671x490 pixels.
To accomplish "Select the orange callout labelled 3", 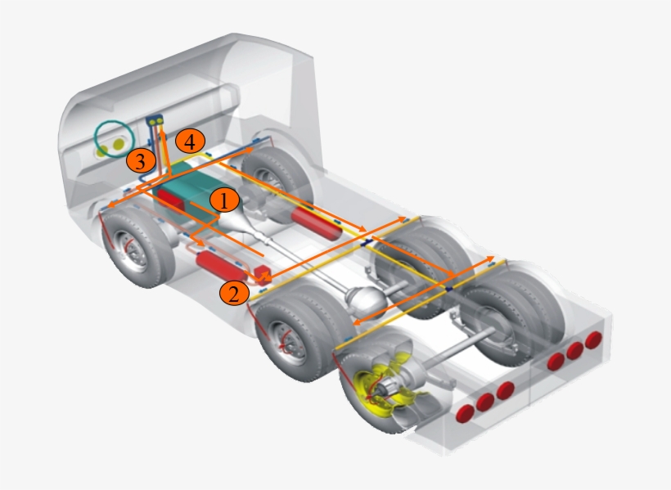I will coord(141,160).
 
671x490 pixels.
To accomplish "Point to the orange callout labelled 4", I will coord(190,141).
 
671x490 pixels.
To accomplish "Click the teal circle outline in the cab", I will coord(112,140).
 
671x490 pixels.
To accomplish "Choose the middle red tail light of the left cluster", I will coord(486,401).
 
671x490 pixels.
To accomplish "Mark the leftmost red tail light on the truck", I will coord(466,411).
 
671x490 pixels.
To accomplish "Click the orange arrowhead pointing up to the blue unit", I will coord(160,130).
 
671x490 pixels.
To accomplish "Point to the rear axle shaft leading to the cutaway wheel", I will coord(458,348).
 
